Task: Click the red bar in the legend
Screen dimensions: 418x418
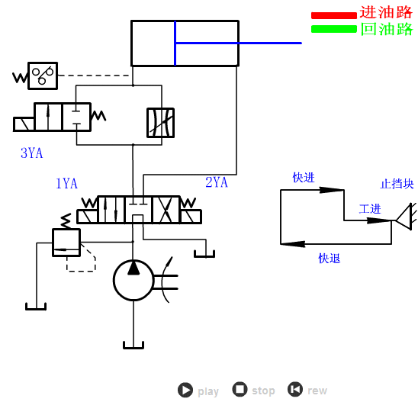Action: [x=333, y=15]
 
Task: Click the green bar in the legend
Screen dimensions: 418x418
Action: [x=333, y=30]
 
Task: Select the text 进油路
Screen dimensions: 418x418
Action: [x=386, y=13]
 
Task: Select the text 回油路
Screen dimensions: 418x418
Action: [x=386, y=30]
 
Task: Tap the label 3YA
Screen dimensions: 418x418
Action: [x=31, y=153]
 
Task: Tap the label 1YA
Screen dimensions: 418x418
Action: [x=66, y=184]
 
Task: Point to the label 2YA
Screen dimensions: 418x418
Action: [x=217, y=182]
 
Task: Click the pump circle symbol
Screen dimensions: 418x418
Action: [x=133, y=280]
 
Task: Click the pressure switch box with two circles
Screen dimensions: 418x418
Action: [x=43, y=76]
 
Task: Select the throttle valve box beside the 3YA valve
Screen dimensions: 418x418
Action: [x=160, y=123]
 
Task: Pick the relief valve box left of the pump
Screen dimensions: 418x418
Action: [x=66, y=242]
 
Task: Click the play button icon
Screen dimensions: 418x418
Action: [x=185, y=391]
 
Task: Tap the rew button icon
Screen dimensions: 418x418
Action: [x=295, y=390]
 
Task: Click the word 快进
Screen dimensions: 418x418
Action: [x=304, y=178]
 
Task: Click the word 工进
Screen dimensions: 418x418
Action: [x=370, y=209]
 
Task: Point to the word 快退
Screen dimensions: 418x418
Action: [x=330, y=259]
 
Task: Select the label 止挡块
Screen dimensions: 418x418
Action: [x=397, y=184]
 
